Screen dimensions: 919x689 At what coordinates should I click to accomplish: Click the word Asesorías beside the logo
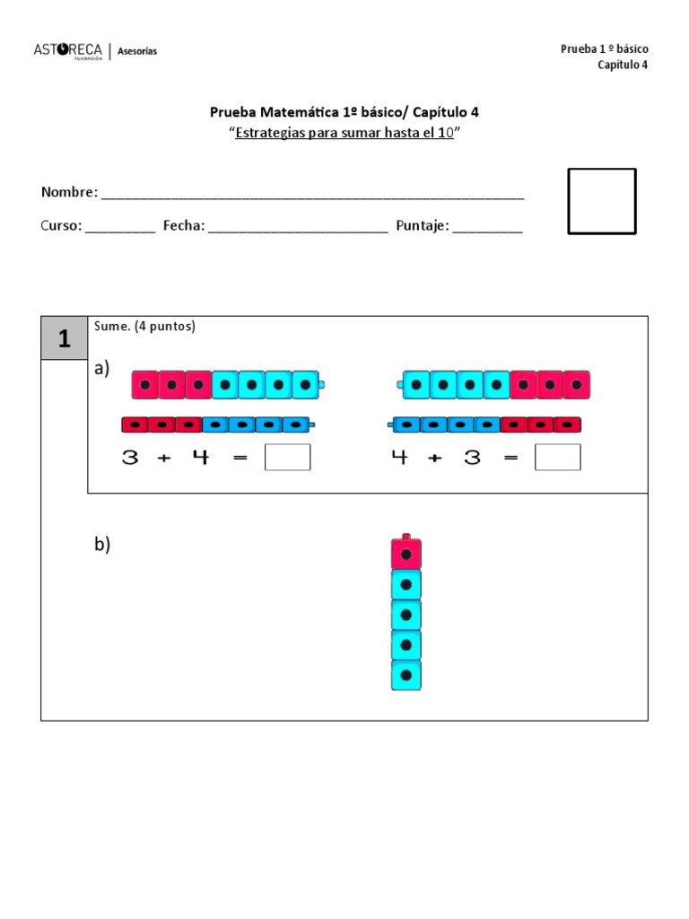[x=137, y=51]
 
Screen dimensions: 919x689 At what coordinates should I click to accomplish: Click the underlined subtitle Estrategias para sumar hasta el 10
[x=344, y=133]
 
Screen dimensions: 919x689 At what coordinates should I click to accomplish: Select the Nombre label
[x=68, y=192]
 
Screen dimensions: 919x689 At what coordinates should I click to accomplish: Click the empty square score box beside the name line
[x=602, y=201]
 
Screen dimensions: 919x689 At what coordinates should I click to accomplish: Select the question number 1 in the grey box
[x=64, y=338]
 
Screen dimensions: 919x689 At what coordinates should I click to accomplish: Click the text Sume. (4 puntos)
[x=144, y=327]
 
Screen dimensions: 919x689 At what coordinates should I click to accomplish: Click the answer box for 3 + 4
[x=288, y=458]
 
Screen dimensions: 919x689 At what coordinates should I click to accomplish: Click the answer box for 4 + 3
[x=557, y=458]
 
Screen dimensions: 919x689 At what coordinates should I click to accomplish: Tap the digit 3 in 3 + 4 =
[x=131, y=458]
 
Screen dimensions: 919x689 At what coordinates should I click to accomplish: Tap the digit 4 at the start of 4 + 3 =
[x=399, y=458]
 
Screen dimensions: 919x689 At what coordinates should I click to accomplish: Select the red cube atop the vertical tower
[x=406, y=554]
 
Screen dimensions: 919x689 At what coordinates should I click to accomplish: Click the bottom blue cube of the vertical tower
[x=406, y=675]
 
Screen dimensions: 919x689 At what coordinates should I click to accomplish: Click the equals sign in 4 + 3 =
[x=510, y=458]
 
